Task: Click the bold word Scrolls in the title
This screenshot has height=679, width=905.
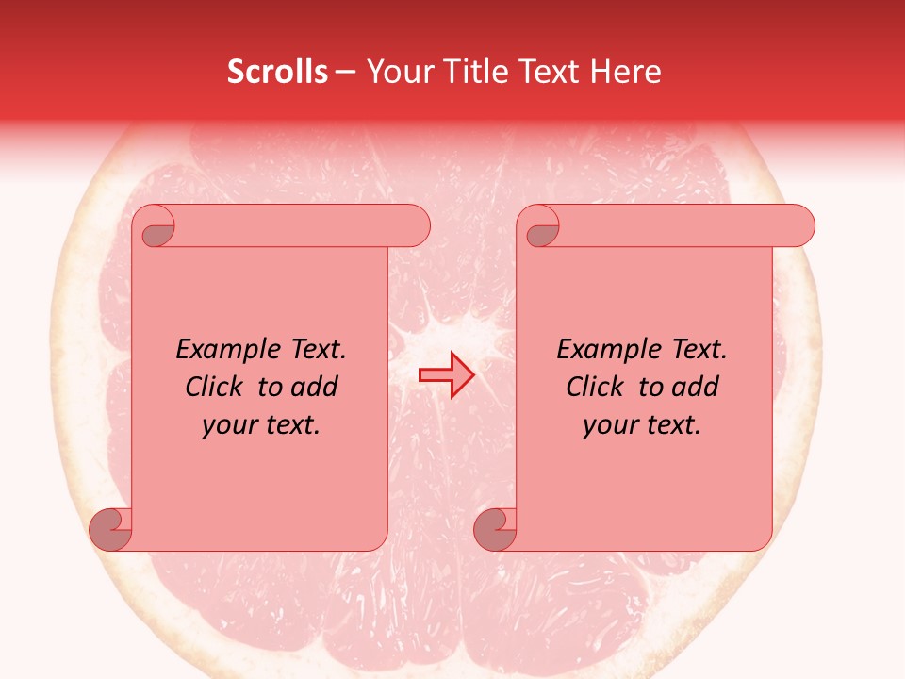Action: click(277, 72)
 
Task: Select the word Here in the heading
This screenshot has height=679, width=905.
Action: click(626, 72)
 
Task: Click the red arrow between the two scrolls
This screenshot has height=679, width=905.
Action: click(446, 375)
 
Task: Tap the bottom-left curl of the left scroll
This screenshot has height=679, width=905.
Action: click(110, 530)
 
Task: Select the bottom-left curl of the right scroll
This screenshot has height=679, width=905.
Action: click(495, 530)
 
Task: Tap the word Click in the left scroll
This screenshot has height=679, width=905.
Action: click(214, 387)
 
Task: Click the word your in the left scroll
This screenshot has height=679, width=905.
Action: click(228, 424)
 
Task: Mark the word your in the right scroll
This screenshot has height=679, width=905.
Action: click(609, 424)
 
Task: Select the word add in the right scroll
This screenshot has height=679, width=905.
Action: click(697, 387)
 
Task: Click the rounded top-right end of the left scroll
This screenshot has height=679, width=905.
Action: click(415, 226)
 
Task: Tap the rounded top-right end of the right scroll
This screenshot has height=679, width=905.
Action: click(799, 226)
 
